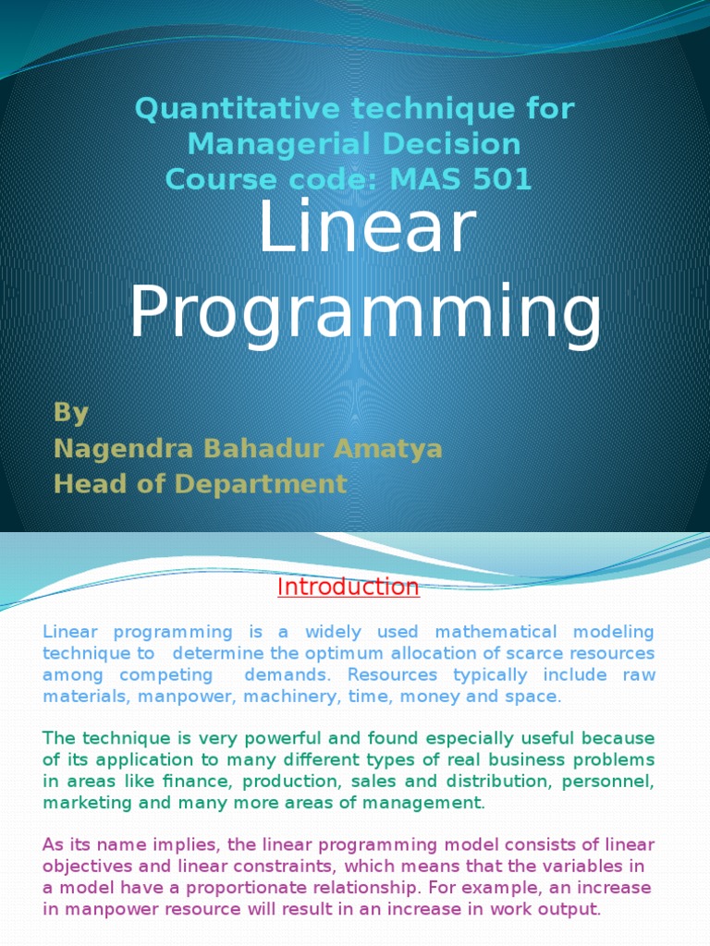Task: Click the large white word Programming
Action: pyautogui.click(x=365, y=312)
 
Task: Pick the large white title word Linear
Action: pyautogui.click(x=367, y=228)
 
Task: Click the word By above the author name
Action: pyautogui.click(x=70, y=412)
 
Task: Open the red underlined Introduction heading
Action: pyautogui.click(x=349, y=587)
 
